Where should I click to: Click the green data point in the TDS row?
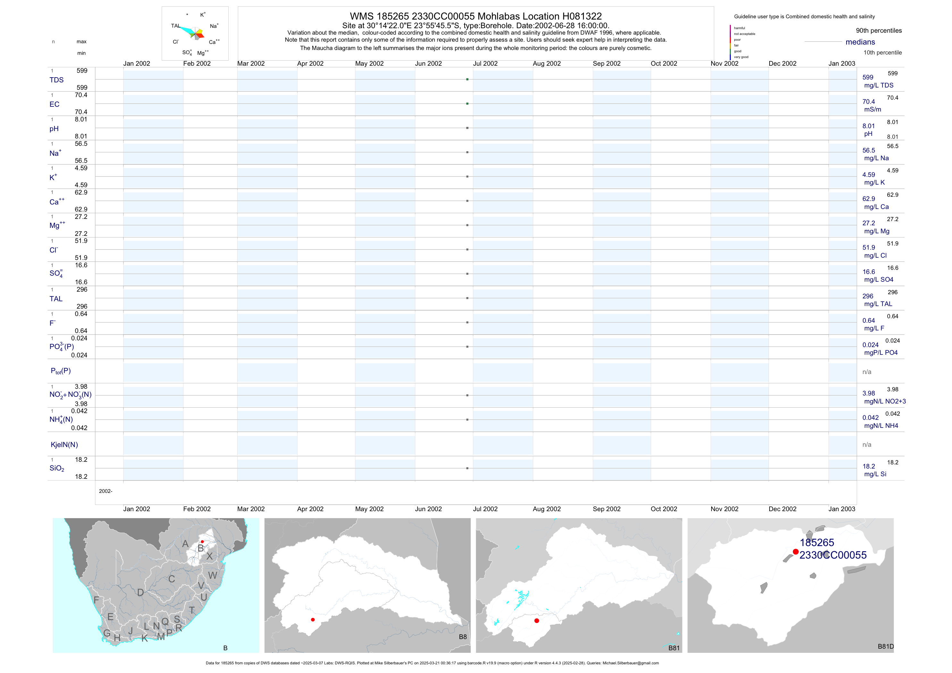coord(467,79)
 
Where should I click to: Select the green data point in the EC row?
coord(467,104)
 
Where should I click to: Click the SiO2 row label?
coord(57,468)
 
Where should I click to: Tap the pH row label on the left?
coord(54,129)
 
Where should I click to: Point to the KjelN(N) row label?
coord(64,445)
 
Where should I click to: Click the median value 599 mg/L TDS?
coord(868,78)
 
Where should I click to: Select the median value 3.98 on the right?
coord(869,393)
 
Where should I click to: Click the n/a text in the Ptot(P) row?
coord(867,372)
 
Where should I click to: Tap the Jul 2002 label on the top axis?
coord(485,63)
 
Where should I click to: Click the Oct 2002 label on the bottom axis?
coord(664,509)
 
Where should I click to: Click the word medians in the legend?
coord(860,42)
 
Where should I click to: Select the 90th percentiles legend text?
coord(879,31)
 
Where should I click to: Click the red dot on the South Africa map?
coord(202,542)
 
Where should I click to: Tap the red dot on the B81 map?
coord(536,621)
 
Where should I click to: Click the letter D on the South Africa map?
coord(140,593)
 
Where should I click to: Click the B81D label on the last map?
coord(886,646)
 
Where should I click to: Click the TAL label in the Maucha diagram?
coord(176,26)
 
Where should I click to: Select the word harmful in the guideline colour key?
coord(739,28)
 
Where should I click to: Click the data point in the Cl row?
coord(467,249)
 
